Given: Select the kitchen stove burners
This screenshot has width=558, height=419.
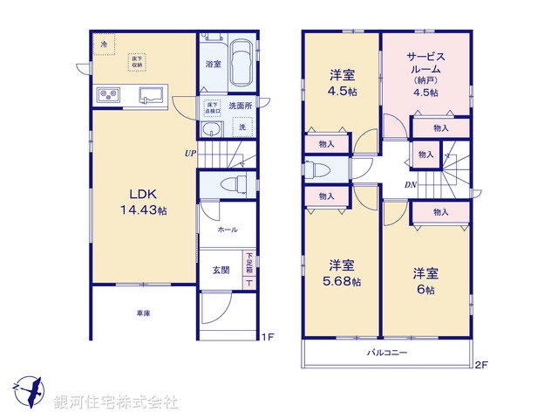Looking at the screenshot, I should tap(109, 93).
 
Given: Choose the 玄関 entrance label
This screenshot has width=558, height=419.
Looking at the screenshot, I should tap(221, 270).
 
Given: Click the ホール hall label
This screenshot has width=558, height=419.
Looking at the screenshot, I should tap(227, 230).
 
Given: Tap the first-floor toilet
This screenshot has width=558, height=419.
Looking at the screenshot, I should tap(229, 184).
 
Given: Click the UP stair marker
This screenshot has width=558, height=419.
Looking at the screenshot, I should tap(189, 154).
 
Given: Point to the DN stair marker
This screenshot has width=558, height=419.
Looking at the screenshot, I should tap(410, 185).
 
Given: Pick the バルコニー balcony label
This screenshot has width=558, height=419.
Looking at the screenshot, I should tap(386, 353).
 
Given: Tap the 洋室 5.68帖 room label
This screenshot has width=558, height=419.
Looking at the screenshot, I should tap(341, 272).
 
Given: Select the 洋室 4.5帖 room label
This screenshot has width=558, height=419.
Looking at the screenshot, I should tap(341, 80).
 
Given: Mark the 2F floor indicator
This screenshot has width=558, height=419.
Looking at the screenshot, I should tap(480, 366).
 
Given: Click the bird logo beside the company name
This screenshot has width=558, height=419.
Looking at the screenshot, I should tap(28, 390).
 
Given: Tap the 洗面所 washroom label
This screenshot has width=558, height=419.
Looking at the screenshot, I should tap(240, 106).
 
